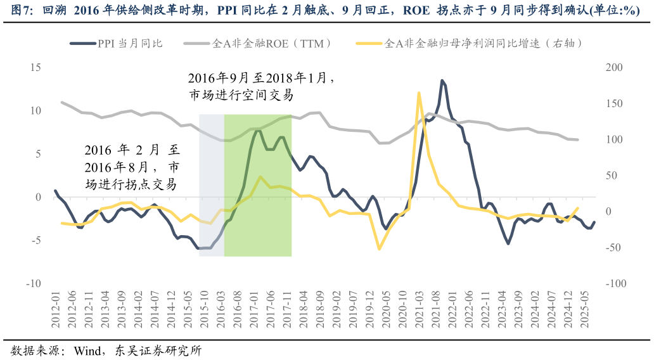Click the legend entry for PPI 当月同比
tap(117, 44)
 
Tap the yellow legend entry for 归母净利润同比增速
tap(469, 44)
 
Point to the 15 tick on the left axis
tap(35, 67)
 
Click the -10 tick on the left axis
tap(33, 283)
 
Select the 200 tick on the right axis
tap(614, 67)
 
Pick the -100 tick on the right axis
tap(615, 283)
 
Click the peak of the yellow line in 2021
tap(419, 93)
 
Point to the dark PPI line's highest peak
tap(442, 80)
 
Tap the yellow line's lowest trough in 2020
tap(379, 248)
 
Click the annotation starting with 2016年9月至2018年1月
tap(260, 86)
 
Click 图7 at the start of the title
tap(12, 11)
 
